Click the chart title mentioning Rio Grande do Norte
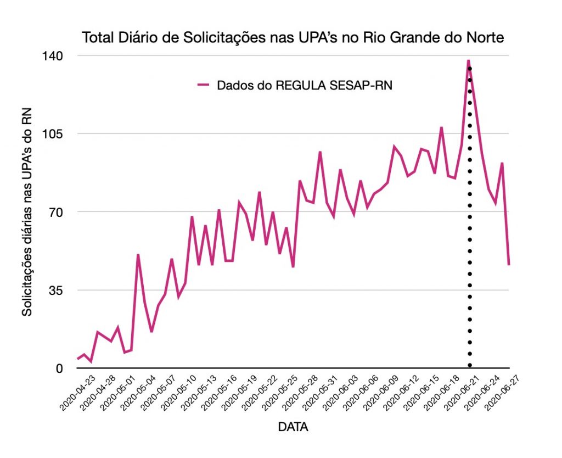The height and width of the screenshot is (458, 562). (x=293, y=38)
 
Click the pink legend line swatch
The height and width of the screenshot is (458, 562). (x=204, y=85)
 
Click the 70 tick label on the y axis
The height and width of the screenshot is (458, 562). (x=57, y=212)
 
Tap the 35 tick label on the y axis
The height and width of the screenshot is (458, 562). (x=57, y=290)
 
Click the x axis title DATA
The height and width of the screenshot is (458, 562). (x=293, y=427)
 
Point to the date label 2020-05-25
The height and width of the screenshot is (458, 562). (x=278, y=391)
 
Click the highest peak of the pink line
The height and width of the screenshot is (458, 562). (x=468, y=60)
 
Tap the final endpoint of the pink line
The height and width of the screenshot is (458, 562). (x=509, y=265)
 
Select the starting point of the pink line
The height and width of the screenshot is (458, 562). (x=78, y=359)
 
